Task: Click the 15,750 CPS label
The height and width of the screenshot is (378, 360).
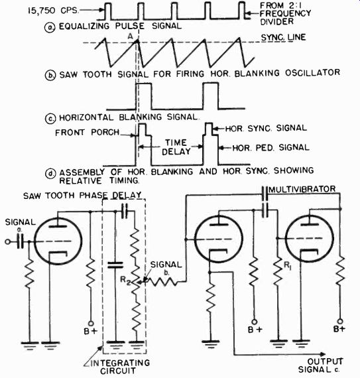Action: (x=53, y=11)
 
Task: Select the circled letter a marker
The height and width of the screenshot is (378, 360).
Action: (x=50, y=27)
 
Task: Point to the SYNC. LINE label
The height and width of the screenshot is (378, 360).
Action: (x=283, y=38)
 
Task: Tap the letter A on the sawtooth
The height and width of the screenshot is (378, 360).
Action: (x=131, y=36)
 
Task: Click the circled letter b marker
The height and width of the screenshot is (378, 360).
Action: (x=50, y=75)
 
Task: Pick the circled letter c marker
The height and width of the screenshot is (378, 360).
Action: (x=50, y=118)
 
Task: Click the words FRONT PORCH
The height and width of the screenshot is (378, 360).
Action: (x=88, y=133)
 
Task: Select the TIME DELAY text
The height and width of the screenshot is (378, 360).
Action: (x=176, y=147)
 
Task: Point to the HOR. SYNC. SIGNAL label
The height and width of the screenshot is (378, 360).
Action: (x=266, y=128)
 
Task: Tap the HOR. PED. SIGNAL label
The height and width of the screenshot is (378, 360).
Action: (x=271, y=147)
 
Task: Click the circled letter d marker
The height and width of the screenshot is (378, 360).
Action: (x=50, y=173)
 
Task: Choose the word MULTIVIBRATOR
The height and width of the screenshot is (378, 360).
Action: (x=302, y=189)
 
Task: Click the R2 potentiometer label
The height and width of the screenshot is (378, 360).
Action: (x=125, y=281)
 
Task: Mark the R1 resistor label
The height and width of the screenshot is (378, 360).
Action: (x=288, y=266)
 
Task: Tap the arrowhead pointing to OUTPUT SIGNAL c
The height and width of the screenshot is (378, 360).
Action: (x=323, y=354)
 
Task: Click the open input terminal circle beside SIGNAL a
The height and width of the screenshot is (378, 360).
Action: (x=8, y=241)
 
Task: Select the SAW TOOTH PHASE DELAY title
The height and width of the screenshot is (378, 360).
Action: (x=82, y=196)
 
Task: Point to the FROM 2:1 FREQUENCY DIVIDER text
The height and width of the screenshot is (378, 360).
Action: (x=285, y=13)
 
